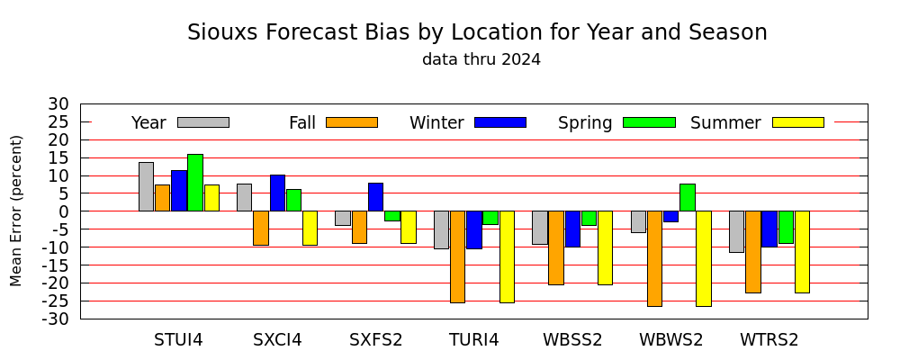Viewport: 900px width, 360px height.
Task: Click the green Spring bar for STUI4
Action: click(195, 183)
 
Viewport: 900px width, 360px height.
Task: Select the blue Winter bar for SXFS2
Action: click(376, 197)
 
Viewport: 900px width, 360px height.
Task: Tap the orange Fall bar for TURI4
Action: click(457, 256)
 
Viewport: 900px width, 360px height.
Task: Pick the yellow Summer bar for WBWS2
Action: click(704, 258)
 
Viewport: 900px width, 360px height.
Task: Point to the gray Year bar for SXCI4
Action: click(244, 197)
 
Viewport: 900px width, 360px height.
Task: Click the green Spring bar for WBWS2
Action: click(688, 197)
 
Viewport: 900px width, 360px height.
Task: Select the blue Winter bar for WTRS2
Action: click(769, 229)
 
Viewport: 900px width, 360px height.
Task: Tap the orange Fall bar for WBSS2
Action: click(556, 248)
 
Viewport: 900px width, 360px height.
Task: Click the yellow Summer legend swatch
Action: click(798, 122)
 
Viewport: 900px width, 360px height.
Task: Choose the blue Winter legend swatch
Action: click(500, 122)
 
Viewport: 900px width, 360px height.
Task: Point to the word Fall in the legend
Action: click(301, 123)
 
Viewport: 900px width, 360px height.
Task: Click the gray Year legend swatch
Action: click(203, 122)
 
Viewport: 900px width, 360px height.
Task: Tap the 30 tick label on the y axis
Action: click(59, 104)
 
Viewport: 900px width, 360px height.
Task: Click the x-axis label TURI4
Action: click(474, 340)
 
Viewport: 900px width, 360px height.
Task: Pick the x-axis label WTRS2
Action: click(769, 340)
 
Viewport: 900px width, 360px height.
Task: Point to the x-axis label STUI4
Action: click(178, 340)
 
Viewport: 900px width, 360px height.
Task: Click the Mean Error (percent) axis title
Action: click(16, 211)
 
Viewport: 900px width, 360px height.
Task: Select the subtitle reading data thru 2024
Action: click(481, 59)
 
